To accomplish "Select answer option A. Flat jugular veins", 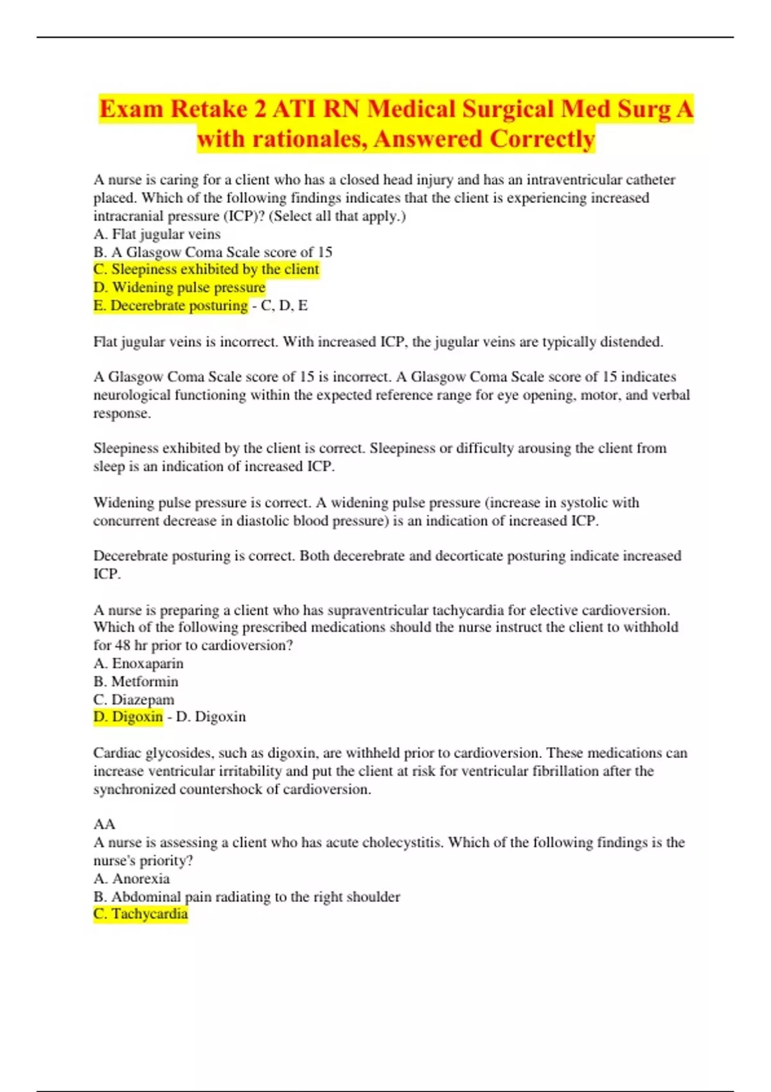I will (157, 234).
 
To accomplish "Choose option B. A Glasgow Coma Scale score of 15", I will (213, 252).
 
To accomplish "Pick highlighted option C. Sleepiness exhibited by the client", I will (206, 270).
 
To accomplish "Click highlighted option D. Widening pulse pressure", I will (179, 288).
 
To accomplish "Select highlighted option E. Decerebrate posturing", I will (171, 306).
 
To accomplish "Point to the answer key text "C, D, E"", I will (284, 306).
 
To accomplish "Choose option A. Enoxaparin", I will (138, 664).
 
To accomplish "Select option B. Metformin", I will (136, 682).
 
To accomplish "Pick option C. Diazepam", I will (134, 700).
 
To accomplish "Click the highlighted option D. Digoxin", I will (128, 717).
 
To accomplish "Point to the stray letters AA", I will (104, 824).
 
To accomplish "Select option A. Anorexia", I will (132, 879).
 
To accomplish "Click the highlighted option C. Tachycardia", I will (141, 914).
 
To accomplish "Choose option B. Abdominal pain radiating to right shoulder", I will (247, 897).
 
